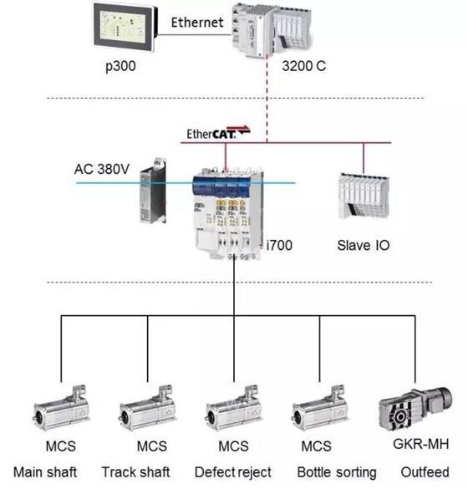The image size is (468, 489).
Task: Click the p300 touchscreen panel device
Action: coord(125,27)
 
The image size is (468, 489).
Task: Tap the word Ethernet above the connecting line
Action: coord(197,23)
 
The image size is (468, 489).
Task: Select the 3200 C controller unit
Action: coord(271,30)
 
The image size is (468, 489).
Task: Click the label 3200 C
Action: coord(303,66)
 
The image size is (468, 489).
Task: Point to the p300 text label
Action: coord(120,66)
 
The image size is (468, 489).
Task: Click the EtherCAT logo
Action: coord(218,133)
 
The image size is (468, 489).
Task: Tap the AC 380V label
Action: coord(102,169)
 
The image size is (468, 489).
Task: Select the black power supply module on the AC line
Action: coord(153,191)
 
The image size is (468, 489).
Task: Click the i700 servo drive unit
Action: coord(228,214)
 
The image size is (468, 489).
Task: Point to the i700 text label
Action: coord(279,246)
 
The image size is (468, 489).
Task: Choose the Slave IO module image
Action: coord(364,196)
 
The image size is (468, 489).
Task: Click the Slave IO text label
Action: coord(364,246)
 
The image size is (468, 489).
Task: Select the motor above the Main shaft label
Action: coord(61,409)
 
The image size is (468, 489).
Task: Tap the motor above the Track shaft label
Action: coord(147,409)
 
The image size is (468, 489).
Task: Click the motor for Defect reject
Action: coord(233,409)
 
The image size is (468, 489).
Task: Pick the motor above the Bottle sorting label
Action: coord(319,409)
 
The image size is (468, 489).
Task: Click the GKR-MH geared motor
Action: coord(415,409)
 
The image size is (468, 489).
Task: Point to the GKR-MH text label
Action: coord(421,444)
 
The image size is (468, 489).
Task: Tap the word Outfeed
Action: coord(425,472)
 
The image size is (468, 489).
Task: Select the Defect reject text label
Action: coord(233,472)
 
